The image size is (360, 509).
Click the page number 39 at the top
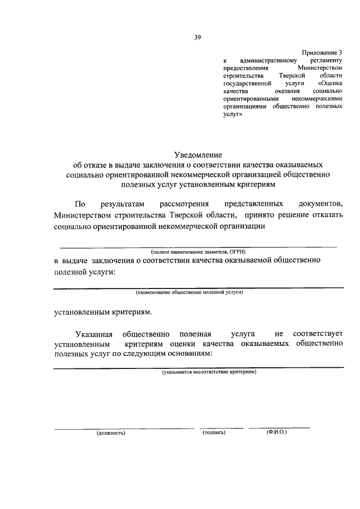tap(197, 38)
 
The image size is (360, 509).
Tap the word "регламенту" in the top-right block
tap(327, 60)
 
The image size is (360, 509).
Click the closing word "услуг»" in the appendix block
tap(232, 112)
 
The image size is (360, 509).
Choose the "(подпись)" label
tap(214, 433)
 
